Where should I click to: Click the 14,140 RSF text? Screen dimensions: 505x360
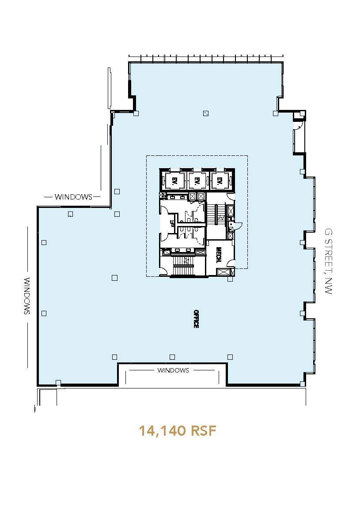tap(178, 431)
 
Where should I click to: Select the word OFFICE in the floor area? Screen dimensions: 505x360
tap(195, 318)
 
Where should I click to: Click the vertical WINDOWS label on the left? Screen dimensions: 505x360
tap(27, 296)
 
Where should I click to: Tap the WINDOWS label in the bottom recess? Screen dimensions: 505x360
tap(173, 370)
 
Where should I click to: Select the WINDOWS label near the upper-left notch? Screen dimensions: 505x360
tap(73, 197)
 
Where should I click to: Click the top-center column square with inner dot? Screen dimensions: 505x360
tap(205, 113)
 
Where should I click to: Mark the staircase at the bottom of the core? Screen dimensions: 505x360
tap(182, 264)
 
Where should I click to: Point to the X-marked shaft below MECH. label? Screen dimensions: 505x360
tap(224, 272)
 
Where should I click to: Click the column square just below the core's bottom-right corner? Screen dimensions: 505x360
tap(230, 279)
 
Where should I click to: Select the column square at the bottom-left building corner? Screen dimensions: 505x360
tap(58, 382)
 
